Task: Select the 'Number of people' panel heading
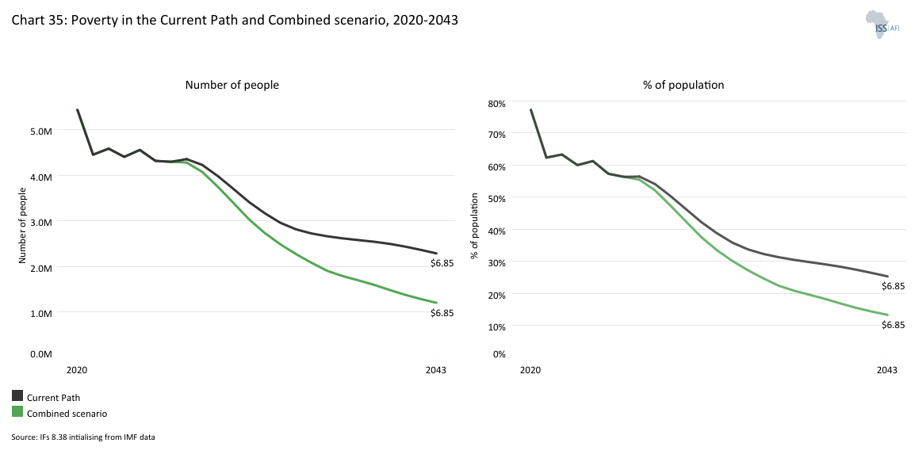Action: point(232,85)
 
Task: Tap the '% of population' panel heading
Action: point(683,85)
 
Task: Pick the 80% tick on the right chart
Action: point(496,103)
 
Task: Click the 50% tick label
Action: point(496,199)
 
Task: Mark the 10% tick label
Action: point(496,326)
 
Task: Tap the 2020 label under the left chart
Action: point(77,370)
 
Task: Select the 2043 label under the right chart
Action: point(886,370)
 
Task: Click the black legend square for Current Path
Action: point(17,396)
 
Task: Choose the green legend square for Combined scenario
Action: point(17,412)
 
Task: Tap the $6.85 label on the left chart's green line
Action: point(442,313)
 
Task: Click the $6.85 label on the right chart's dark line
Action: point(893,286)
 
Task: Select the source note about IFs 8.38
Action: point(82,437)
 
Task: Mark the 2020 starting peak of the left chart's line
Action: point(77,110)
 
